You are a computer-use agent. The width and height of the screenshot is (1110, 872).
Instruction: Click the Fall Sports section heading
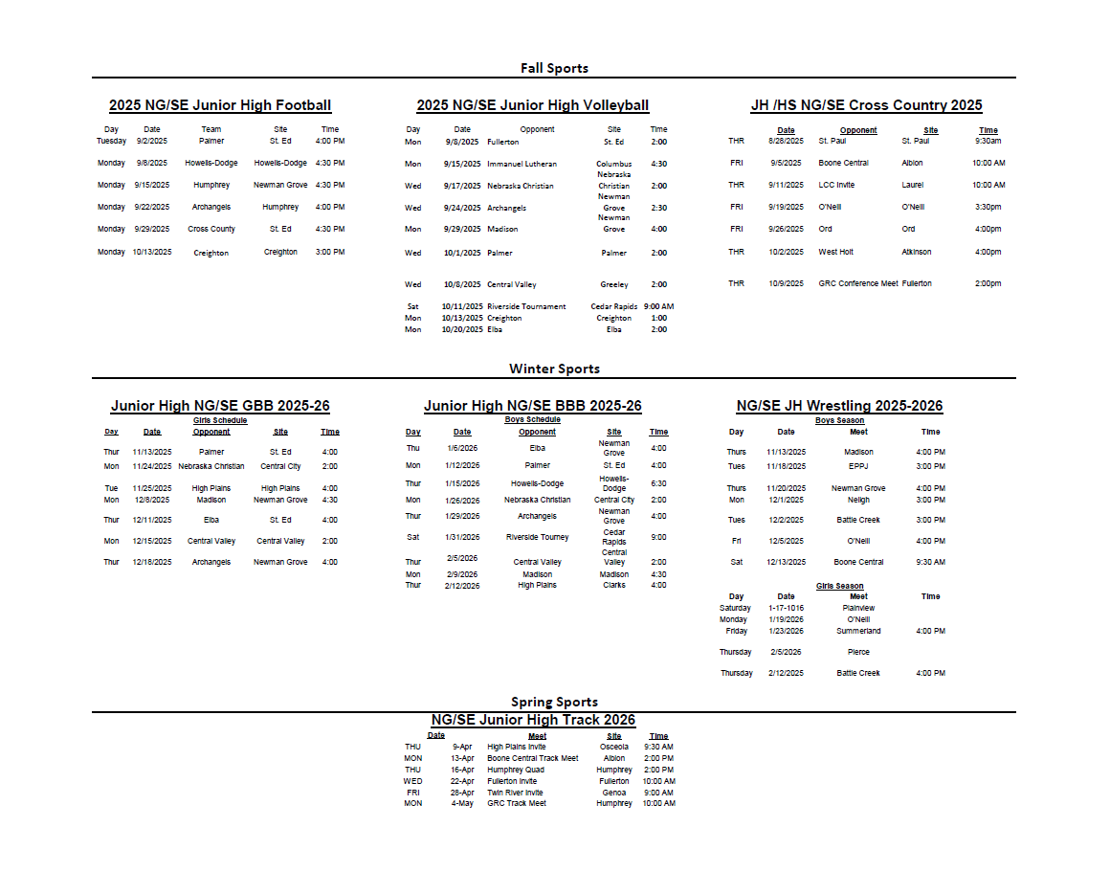tap(554, 68)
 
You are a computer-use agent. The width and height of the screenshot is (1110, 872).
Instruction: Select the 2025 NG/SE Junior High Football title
tap(220, 105)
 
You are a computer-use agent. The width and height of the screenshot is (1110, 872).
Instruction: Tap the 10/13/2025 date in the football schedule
tap(152, 252)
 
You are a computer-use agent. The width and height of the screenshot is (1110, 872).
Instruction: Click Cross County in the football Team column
tap(211, 230)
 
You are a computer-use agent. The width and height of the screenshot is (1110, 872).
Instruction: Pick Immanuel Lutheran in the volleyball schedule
tap(522, 164)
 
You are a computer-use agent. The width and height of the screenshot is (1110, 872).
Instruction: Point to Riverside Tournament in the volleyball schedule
tap(526, 307)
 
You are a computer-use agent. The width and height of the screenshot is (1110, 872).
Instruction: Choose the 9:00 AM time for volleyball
tap(658, 307)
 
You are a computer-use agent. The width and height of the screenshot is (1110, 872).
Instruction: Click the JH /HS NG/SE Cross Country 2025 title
tap(866, 105)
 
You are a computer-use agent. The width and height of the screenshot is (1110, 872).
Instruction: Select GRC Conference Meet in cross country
tap(857, 283)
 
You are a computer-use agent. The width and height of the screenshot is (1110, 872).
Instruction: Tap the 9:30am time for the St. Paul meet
tap(988, 141)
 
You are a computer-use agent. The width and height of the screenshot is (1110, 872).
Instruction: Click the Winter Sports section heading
tap(554, 369)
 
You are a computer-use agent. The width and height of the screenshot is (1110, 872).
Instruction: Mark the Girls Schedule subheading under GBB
tap(220, 420)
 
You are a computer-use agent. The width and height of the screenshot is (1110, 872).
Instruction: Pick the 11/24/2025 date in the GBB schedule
tap(152, 467)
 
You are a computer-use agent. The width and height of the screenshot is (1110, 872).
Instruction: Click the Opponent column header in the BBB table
tap(537, 433)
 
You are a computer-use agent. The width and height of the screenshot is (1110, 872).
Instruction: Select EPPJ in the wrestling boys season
tap(858, 467)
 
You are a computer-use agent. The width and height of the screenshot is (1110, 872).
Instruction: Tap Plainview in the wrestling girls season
tap(858, 609)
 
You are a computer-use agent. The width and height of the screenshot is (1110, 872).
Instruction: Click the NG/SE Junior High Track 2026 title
tap(533, 720)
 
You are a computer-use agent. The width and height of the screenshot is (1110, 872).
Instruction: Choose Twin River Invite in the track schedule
tap(515, 793)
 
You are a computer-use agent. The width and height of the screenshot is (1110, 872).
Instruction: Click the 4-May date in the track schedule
tap(463, 804)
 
